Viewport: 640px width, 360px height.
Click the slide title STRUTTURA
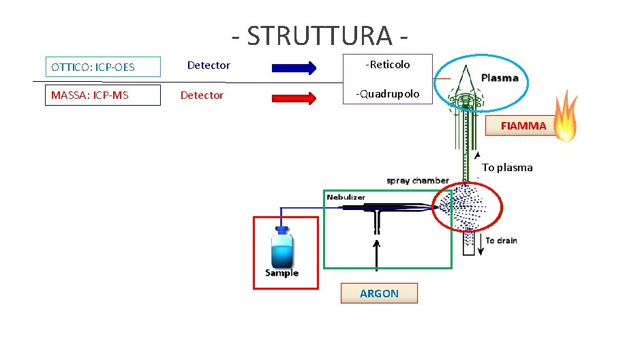(320, 35)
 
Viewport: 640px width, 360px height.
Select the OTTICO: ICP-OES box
(103, 67)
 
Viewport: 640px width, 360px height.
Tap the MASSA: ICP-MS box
(103, 95)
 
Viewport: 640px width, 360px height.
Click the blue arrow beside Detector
(294, 67)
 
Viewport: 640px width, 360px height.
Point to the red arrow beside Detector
(294, 97)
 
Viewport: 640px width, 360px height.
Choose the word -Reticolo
(388, 65)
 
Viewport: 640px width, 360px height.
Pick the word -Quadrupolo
(388, 94)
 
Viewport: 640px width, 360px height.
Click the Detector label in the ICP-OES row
(209, 65)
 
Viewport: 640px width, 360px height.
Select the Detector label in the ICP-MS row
(202, 95)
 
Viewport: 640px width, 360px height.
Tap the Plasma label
(500, 78)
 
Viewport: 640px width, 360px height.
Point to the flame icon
(565, 117)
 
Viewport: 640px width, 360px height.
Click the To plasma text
(507, 168)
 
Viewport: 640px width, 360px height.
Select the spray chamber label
(417, 181)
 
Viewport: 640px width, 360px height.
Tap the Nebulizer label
(346, 197)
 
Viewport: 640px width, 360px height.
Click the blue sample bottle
(282, 247)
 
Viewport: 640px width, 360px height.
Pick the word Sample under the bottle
(281, 273)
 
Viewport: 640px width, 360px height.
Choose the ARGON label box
(379, 294)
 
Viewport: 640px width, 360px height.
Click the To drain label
(501, 241)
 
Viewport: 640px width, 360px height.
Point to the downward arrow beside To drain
(481, 245)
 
